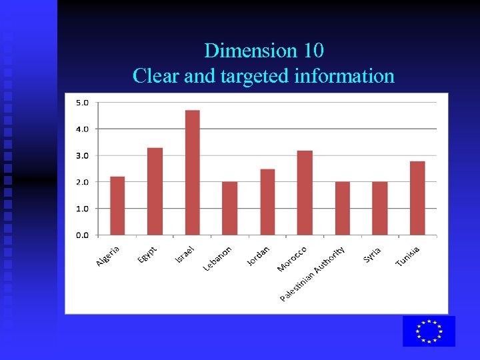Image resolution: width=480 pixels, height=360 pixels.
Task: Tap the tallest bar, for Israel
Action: (192, 173)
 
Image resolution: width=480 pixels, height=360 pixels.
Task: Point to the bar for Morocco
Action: (305, 193)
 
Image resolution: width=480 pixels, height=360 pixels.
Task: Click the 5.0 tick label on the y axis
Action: (82, 102)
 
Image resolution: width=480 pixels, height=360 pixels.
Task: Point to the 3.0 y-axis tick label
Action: (82, 155)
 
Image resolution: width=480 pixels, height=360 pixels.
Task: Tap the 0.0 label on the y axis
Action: (82, 235)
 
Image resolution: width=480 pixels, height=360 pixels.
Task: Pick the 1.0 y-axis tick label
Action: (82, 208)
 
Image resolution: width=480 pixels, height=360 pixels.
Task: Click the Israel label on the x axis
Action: (185, 254)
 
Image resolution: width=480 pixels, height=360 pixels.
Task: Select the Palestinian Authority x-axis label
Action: (313, 273)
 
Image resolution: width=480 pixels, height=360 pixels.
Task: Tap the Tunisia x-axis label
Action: (407, 257)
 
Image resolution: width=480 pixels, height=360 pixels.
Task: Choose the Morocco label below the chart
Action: (292, 259)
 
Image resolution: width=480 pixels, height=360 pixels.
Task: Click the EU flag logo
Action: (429, 331)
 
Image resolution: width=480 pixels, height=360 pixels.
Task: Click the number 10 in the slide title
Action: (311, 51)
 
